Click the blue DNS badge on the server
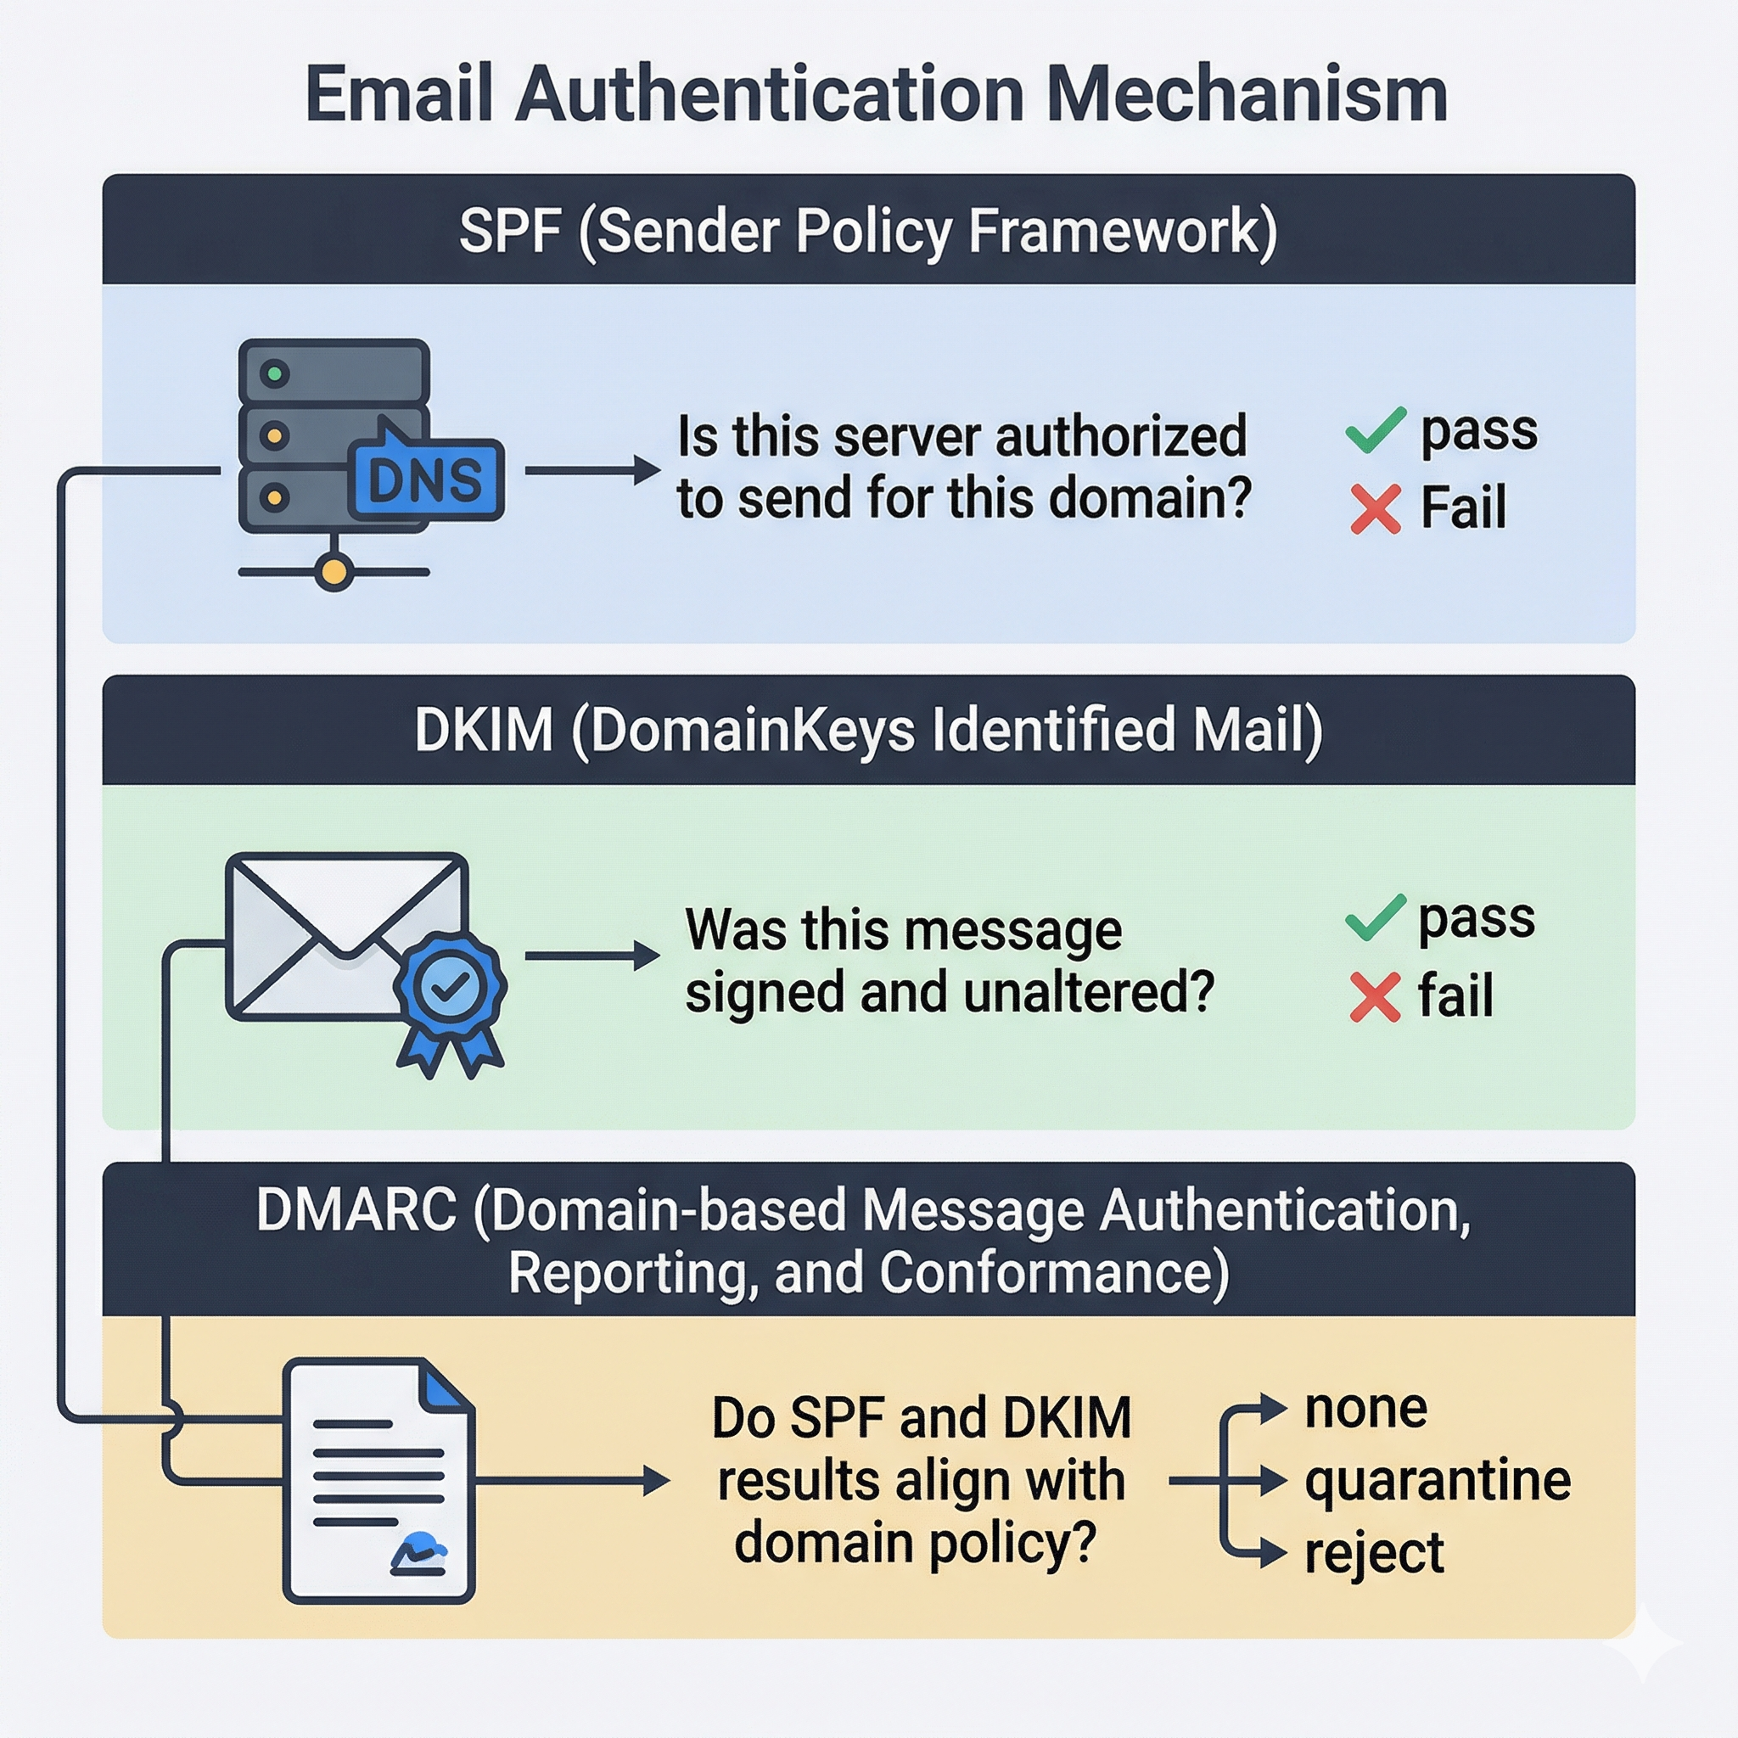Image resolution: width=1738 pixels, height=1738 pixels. [424, 479]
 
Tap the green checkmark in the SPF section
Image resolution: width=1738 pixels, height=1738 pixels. [1375, 430]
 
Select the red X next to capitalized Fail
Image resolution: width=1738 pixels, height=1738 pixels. [1376, 509]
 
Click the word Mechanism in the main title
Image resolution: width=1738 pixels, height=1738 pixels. [1247, 94]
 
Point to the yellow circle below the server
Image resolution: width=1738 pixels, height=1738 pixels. [334, 571]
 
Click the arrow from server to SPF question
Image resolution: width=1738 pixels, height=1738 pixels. [592, 469]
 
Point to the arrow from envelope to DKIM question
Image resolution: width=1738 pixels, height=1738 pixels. [592, 956]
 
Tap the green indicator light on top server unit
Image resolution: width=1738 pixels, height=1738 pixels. [274, 373]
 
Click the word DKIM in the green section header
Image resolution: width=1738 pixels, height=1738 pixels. [483, 730]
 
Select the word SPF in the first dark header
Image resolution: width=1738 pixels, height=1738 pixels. [509, 231]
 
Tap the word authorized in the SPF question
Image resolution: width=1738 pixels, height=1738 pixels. [1121, 437]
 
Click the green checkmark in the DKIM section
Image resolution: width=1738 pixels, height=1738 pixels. [1375, 918]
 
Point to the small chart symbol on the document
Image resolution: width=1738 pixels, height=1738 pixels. [418, 1554]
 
